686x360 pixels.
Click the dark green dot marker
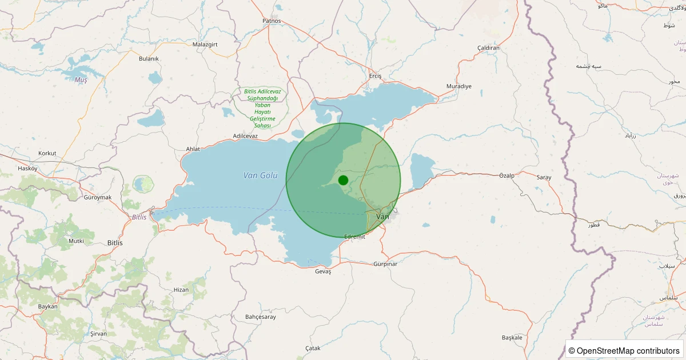[343, 180]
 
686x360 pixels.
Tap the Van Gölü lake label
[260, 175]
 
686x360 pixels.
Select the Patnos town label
[272, 21]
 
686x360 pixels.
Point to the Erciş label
[375, 77]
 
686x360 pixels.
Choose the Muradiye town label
[458, 86]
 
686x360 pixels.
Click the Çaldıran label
[488, 48]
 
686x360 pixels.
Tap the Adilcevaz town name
[246, 136]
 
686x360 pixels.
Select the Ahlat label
[193, 149]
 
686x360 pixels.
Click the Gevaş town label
[323, 271]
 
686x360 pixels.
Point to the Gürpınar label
[385, 264]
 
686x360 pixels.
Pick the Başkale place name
[512, 337]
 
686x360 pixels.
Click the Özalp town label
[506, 175]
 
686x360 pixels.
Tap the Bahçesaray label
[260, 317]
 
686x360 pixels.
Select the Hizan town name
[181, 290]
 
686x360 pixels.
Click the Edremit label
[354, 237]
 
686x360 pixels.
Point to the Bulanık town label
[149, 59]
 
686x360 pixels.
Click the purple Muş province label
[81, 80]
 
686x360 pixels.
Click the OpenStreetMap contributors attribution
[624, 350]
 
